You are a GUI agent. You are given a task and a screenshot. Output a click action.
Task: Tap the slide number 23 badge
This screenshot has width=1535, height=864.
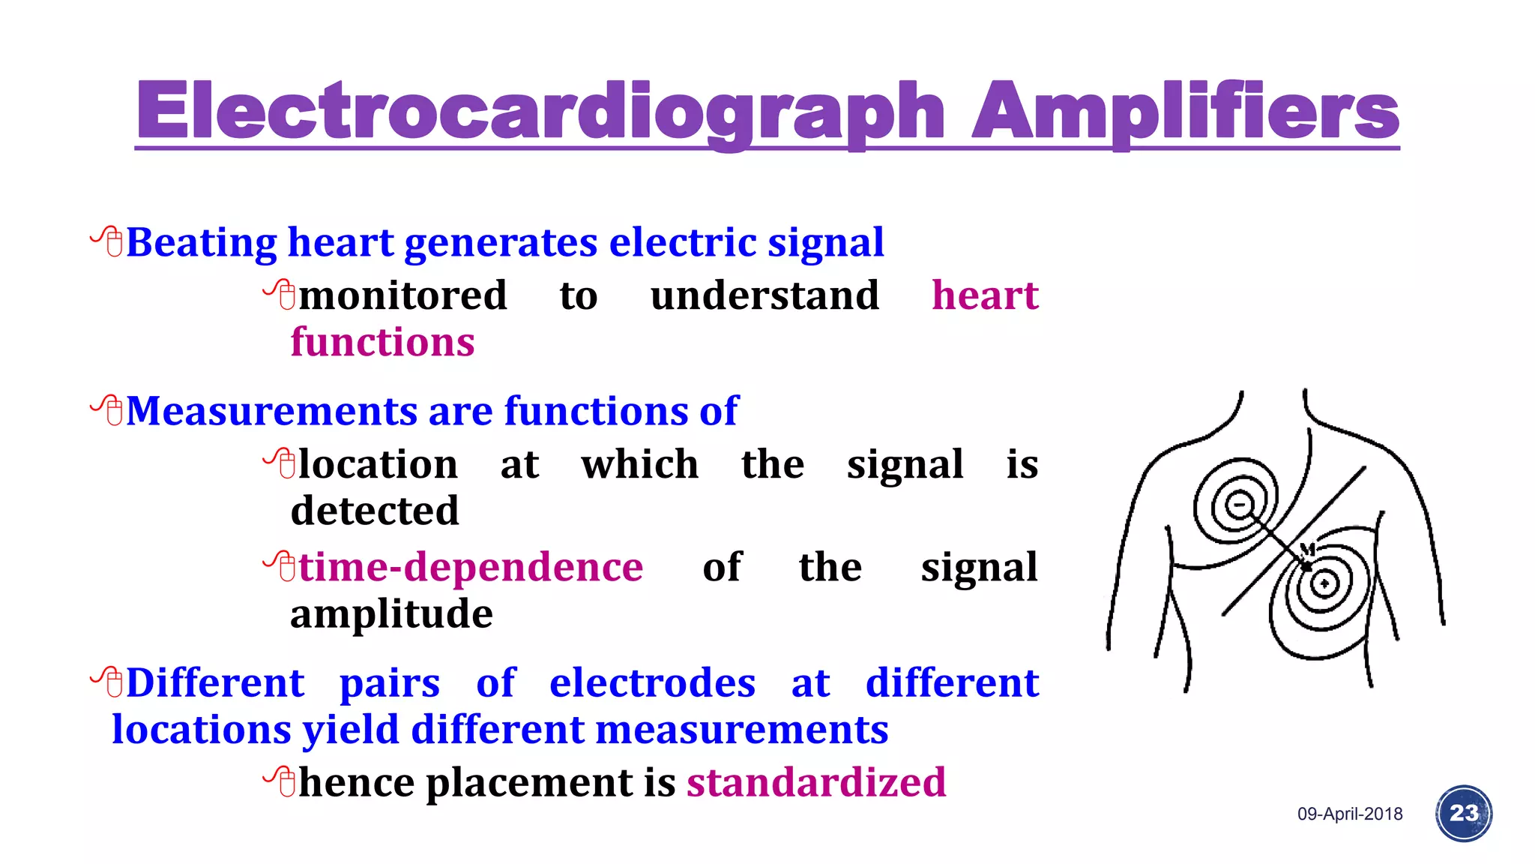(x=1464, y=813)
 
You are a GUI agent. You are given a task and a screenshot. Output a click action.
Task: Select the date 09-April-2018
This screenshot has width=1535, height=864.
(x=1350, y=814)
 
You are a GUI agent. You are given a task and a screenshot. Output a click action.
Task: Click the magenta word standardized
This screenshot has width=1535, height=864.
(x=816, y=782)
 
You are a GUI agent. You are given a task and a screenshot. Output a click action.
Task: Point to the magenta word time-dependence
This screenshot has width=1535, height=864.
(x=471, y=567)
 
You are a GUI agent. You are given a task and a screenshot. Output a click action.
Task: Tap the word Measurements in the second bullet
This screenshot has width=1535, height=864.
(x=271, y=411)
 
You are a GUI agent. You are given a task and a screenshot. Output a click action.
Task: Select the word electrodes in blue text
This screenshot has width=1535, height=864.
(x=652, y=683)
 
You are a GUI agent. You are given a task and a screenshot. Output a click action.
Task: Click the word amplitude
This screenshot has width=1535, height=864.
(x=391, y=614)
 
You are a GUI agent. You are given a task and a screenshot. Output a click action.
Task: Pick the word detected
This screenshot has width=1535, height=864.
(x=374, y=511)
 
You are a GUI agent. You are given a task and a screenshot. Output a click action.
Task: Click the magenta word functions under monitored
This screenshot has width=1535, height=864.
(x=382, y=342)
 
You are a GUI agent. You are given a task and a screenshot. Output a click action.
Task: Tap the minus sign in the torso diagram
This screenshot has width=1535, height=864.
(x=1240, y=503)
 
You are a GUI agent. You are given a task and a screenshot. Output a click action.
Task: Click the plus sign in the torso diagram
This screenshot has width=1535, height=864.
(x=1324, y=583)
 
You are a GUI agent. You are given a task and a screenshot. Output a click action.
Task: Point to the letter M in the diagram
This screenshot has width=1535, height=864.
(x=1307, y=548)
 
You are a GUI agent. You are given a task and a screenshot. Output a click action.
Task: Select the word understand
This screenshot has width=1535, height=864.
(x=765, y=295)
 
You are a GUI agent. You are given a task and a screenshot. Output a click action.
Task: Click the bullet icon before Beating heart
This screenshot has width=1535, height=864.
(x=106, y=241)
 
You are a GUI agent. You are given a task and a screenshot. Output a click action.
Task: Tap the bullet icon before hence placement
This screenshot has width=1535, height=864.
(x=280, y=781)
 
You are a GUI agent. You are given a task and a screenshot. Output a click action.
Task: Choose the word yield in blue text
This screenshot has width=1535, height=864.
(x=351, y=730)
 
